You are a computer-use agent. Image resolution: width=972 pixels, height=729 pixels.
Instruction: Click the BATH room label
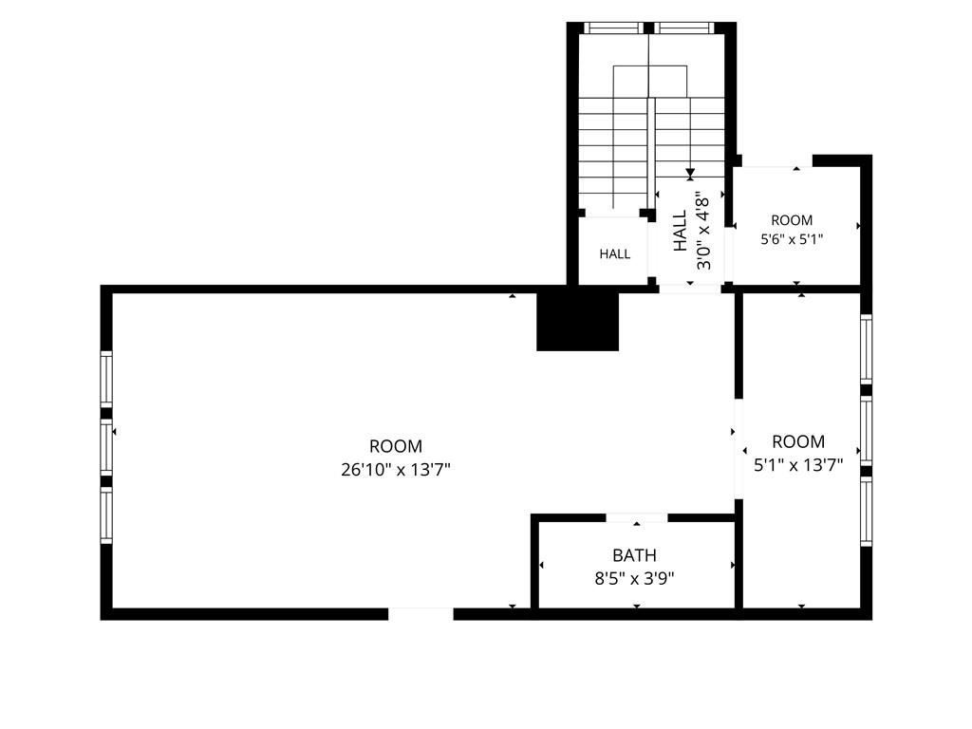[x=634, y=554]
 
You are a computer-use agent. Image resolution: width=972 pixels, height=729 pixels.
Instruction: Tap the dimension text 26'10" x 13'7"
[x=396, y=469]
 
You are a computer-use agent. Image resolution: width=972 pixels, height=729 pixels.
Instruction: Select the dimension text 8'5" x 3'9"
[x=634, y=578]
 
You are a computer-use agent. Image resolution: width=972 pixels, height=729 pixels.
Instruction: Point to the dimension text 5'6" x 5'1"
[x=792, y=238]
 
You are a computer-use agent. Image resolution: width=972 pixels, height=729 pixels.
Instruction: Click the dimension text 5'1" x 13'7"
[x=798, y=464]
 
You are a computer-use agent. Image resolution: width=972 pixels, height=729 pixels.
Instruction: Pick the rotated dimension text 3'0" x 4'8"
[x=702, y=230]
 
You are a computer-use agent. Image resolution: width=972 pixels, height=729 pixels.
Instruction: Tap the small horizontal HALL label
[x=615, y=253]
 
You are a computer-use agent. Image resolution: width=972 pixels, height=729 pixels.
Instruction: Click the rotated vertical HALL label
[x=681, y=231]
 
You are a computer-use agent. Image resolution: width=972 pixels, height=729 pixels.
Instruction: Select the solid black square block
[x=578, y=321]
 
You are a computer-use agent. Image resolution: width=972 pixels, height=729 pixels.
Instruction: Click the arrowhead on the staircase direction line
[x=690, y=175]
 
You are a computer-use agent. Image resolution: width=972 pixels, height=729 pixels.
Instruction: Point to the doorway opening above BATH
[x=637, y=517]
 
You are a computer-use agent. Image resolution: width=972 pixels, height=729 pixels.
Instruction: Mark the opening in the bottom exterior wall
[x=421, y=614]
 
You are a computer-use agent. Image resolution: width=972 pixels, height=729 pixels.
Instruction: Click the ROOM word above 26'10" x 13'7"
[x=396, y=446]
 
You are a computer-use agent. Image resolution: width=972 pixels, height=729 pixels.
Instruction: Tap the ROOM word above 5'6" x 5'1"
[x=792, y=220]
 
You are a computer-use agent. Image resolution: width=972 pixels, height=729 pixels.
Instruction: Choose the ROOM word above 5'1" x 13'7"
[x=798, y=441]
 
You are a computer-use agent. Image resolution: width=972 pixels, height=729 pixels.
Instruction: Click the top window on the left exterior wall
[x=106, y=380]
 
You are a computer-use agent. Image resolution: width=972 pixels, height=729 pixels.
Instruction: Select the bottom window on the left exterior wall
[x=106, y=515]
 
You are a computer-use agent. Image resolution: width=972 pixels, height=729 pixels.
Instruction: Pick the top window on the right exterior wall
[x=866, y=349]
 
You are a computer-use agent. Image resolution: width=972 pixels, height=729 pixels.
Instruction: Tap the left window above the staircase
[x=614, y=28]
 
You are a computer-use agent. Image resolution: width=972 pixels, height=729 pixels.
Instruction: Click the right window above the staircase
[x=684, y=28]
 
